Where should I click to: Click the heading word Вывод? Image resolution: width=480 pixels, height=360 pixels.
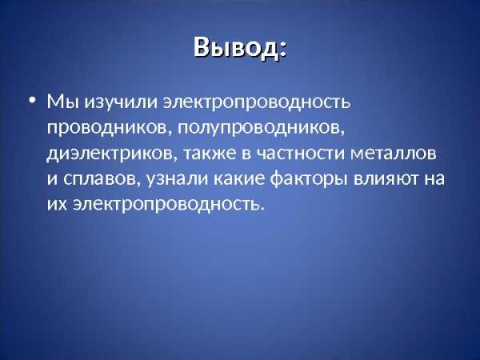pyautogui.click(x=236, y=48)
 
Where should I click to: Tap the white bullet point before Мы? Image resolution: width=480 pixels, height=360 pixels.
pyautogui.click(x=32, y=100)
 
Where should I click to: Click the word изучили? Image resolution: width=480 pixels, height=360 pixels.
pyautogui.click(x=122, y=102)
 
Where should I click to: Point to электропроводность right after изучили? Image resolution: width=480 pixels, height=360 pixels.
pyautogui.click(x=257, y=102)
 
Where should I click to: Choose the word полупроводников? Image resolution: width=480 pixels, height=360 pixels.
pyautogui.click(x=261, y=129)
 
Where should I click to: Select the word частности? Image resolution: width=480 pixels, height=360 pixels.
pyautogui.click(x=300, y=153)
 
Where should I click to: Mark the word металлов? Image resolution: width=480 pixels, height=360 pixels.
pyautogui.click(x=393, y=153)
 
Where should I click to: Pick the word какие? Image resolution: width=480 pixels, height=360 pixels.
pyautogui.click(x=238, y=178)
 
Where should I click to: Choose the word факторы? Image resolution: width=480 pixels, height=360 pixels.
pyautogui.click(x=309, y=179)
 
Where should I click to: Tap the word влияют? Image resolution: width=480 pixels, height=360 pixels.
pyautogui.click(x=386, y=178)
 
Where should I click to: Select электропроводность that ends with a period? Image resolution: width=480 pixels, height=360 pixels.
pyautogui.click(x=168, y=205)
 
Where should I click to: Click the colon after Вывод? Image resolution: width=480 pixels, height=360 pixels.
pyautogui.click(x=283, y=50)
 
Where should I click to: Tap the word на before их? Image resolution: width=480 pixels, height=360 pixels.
pyautogui.click(x=434, y=178)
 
